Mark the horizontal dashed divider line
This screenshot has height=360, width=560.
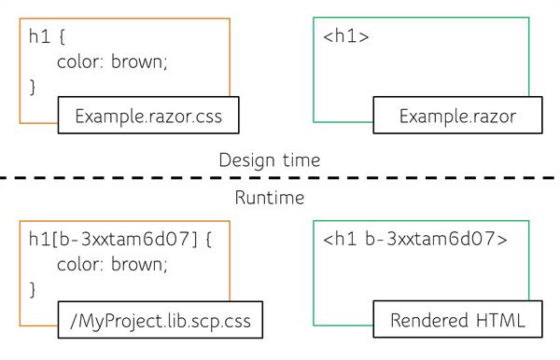click(280, 178)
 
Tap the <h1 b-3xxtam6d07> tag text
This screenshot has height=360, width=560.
click(415, 239)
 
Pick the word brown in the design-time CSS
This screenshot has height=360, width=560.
click(140, 62)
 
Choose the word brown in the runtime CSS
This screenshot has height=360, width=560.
click(140, 264)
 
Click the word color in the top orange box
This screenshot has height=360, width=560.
click(78, 62)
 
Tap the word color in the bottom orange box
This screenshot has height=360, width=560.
click(78, 264)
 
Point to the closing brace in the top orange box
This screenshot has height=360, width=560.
click(34, 87)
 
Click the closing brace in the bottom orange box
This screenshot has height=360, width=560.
click(34, 288)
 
